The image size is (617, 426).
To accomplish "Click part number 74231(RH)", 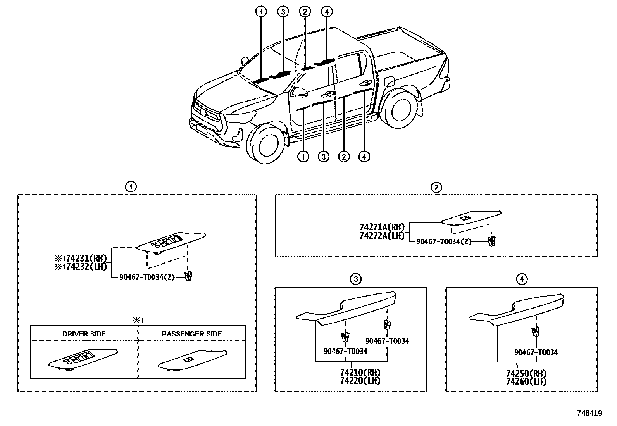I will [84, 259].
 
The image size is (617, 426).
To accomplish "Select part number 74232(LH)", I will [84, 266].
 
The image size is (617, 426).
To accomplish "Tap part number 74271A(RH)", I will [382, 227].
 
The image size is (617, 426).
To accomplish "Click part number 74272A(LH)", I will [382, 235].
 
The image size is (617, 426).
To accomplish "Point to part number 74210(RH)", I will [360, 373].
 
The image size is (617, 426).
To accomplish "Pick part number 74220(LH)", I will [360, 381].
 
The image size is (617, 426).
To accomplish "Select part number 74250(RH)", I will [526, 374].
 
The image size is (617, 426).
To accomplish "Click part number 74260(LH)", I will [526, 381].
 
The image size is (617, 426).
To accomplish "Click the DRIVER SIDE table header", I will [84, 334].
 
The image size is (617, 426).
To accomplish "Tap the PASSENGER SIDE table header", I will [192, 334].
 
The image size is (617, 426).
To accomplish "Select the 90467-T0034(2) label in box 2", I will [443, 241].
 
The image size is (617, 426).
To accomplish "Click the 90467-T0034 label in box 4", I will [536, 352].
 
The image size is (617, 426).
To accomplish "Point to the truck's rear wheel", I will [399, 110].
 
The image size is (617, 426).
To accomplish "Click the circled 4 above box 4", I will [522, 279].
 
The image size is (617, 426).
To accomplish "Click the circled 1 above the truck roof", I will [261, 12].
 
